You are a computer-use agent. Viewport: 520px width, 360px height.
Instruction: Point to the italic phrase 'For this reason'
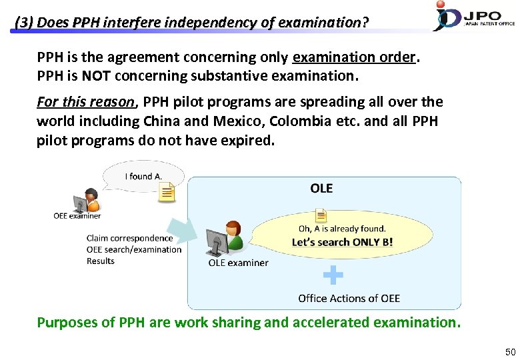pos(85,102)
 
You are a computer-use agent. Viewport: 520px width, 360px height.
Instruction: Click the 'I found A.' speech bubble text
pos(143,176)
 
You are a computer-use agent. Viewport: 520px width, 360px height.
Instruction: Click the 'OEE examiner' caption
pos(77,215)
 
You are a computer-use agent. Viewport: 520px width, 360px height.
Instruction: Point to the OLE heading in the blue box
pos(321,189)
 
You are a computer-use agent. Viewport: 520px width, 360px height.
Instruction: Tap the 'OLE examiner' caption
pos(238,263)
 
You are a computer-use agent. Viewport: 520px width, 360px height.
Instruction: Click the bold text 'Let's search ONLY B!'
pos(342,242)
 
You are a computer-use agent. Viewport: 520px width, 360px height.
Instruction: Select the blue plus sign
pos(333,275)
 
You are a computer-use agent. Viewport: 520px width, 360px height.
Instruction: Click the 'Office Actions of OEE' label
pos(349,298)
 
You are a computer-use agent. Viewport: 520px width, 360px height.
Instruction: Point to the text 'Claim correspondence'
pos(129,238)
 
